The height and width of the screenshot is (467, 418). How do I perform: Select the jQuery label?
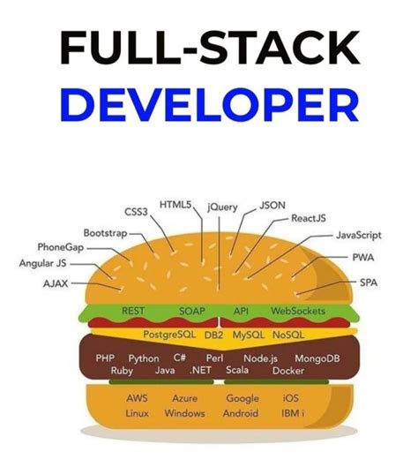223,207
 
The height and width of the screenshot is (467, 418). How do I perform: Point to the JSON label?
272,205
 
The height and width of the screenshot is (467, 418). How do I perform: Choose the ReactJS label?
310,218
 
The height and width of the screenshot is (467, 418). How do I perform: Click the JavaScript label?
358,236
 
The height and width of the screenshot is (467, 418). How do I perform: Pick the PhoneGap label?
62,247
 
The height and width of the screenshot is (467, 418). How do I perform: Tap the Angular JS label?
42,263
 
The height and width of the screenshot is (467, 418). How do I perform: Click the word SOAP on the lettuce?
192,312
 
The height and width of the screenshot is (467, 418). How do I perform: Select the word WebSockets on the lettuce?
298,312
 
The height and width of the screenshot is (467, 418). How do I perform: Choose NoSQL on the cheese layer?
288,335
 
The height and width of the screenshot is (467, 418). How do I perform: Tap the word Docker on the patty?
288,372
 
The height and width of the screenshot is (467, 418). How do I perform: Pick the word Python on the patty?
144,359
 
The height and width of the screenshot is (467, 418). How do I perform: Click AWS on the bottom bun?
136,398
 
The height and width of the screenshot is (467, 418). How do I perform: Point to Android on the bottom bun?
240,413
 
